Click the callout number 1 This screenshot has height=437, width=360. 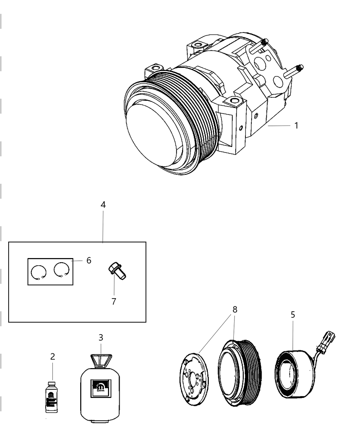coord(296,125)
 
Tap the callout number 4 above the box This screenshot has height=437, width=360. coord(103,205)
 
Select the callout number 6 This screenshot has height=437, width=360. coord(89,260)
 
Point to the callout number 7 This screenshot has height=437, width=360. coord(113,301)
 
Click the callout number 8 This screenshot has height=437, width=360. coord(235,309)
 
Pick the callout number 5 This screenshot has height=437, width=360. coord(292,314)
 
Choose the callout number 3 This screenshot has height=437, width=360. coord(101,337)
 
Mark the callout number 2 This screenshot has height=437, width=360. coord(52,356)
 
